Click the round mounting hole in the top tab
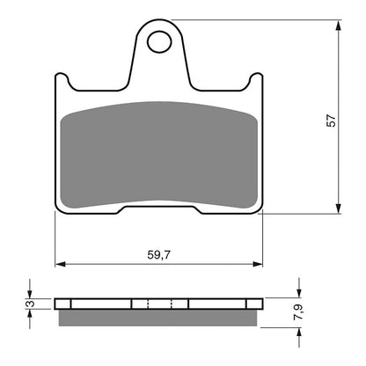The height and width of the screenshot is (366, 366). [159, 41]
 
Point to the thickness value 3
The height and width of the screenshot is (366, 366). [28, 304]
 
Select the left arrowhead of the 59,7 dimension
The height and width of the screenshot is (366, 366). [60, 262]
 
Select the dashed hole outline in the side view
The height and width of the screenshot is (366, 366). [159, 304]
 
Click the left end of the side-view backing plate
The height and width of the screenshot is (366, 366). [58, 304]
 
